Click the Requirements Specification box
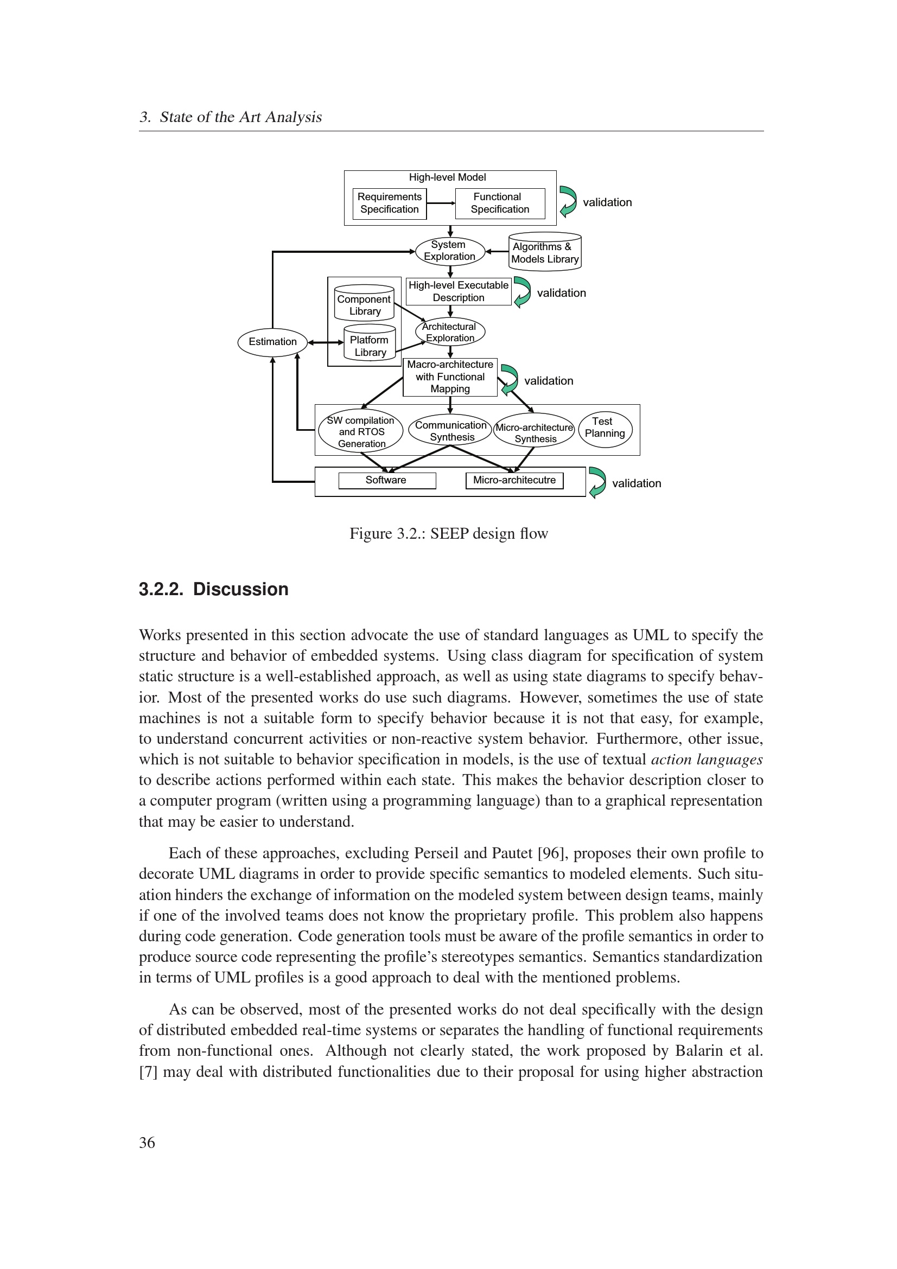tap(389, 203)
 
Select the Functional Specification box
tap(500, 203)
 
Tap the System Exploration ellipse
tap(450, 251)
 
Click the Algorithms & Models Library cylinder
tap(544, 253)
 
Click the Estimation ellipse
tap(272, 342)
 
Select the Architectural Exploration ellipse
tap(450, 332)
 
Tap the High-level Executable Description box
tap(458, 291)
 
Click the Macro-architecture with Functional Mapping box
tap(450, 377)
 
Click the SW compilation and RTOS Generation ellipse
tap(361, 432)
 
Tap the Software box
tap(386, 480)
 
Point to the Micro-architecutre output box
tap(514, 480)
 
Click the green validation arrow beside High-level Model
tap(568, 201)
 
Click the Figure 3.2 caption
tap(448, 534)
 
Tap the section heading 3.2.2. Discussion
tap(213, 589)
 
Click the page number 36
tap(147, 1142)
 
